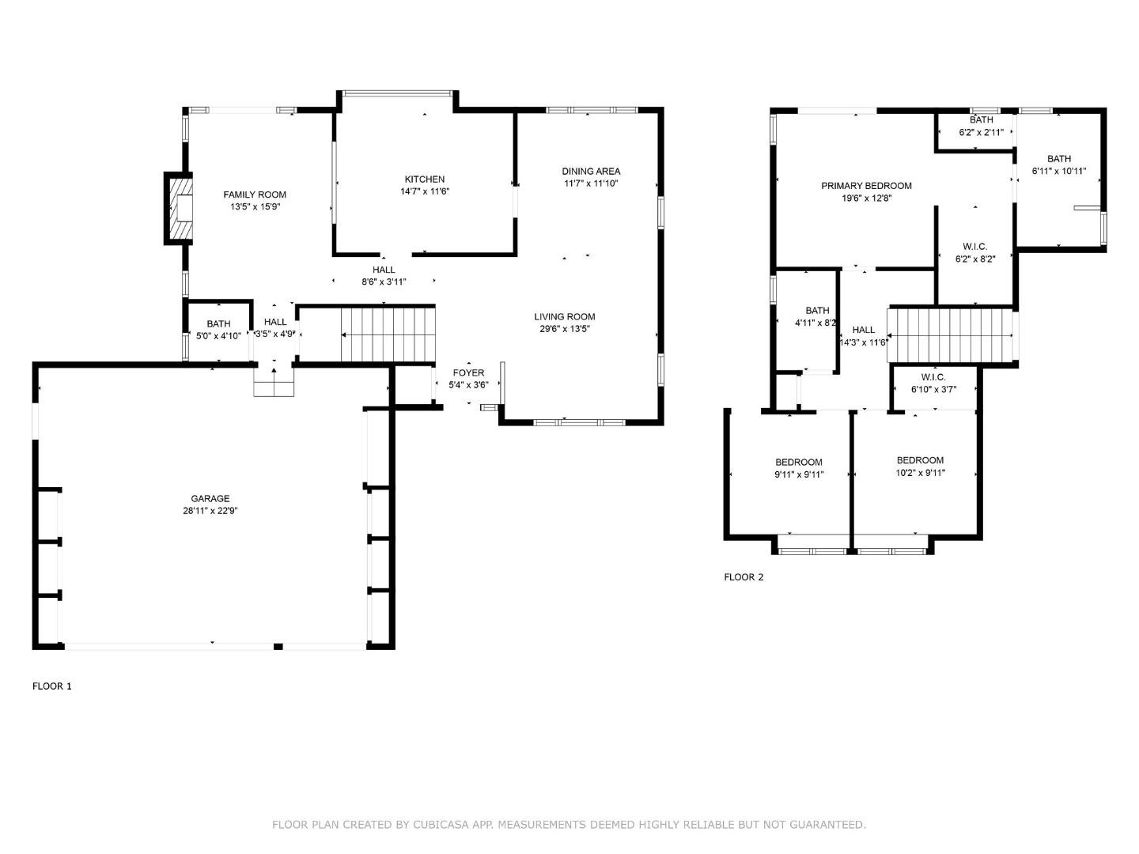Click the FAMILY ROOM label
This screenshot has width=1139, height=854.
click(x=255, y=195)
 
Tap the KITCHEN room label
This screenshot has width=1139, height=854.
click(x=425, y=179)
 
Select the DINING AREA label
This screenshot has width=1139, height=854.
click(x=591, y=171)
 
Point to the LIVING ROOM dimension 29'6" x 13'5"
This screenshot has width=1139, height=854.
click(x=565, y=329)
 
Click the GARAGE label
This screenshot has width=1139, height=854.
click(x=210, y=498)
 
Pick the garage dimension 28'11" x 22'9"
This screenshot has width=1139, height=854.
click(x=210, y=511)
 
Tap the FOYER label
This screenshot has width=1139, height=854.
click(x=468, y=372)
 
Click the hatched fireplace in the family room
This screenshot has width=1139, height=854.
click(x=179, y=208)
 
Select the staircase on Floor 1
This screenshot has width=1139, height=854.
click(x=388, y=334)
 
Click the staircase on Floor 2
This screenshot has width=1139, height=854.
click(x=952, y=335)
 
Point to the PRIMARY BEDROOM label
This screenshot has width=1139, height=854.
click(x=867, y=186)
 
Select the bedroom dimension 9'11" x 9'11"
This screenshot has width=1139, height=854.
click(x=799, y=474)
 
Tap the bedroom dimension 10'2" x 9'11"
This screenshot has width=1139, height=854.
click(x=921, y=473)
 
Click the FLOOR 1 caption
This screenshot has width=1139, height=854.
click(x=52, y=686)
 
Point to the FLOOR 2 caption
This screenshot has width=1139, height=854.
click(x=744, y=577)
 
